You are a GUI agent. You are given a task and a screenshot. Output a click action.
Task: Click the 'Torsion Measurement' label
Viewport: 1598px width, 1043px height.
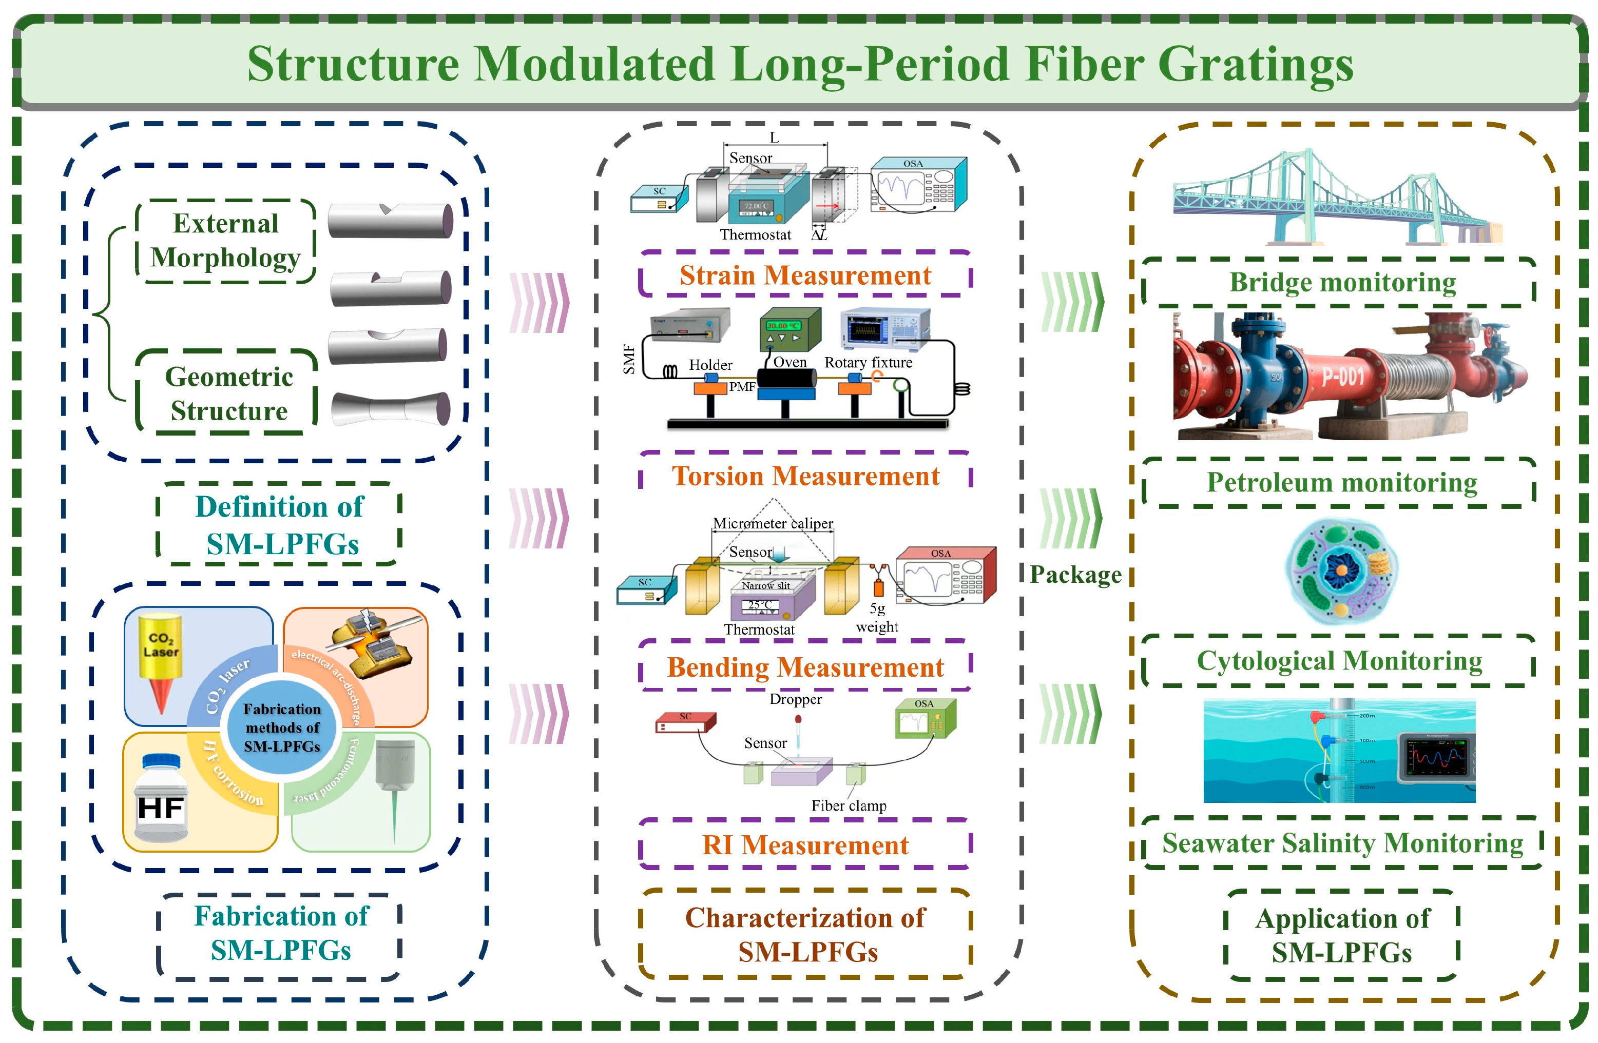[805, 476]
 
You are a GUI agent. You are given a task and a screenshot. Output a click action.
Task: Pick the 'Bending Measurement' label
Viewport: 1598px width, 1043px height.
[805, 667]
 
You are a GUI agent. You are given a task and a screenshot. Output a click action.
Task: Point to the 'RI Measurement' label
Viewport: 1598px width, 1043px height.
[805, 844]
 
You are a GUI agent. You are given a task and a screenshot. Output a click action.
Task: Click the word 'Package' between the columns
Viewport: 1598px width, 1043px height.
[1075, 575]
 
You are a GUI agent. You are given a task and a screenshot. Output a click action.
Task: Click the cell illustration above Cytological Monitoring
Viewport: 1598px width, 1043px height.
[1341, 571]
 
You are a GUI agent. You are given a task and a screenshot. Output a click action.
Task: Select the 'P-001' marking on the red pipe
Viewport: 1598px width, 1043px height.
[1343, 377]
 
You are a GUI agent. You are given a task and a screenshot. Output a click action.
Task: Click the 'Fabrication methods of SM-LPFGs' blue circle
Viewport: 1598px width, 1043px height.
[282, 727]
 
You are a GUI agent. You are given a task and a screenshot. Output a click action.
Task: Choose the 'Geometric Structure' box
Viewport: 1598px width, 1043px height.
[228, 393]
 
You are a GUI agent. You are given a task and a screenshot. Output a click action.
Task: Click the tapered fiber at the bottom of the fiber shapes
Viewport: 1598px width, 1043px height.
[391, 408]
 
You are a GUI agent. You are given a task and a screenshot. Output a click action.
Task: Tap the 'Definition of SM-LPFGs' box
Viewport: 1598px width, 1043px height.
[279, 525]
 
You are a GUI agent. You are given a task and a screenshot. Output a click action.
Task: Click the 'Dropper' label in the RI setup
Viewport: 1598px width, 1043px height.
[796, 699]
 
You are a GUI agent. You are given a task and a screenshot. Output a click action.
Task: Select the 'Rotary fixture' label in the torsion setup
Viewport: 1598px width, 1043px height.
[868, 362]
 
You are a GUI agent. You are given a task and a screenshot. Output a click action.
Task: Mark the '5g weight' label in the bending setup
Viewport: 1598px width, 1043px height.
[877, 618]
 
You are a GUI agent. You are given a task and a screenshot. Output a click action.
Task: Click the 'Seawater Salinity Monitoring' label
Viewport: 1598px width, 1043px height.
[1342, 843]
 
